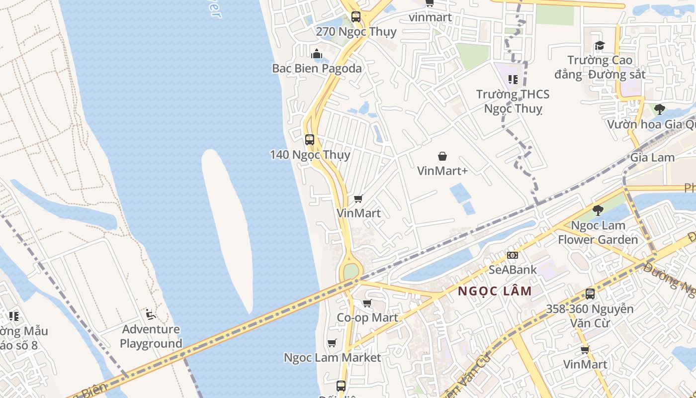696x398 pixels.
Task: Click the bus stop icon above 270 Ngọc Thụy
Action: pos(356,16)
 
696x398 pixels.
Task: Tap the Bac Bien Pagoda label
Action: pos(317,68)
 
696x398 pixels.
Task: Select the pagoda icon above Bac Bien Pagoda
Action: pos(317,54)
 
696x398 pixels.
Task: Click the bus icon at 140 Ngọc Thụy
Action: pos(310,140)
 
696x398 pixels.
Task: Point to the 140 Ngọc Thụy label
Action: pos(310,155)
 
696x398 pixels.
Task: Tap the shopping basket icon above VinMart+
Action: pos(442,157)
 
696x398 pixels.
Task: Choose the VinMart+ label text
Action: pos(442,171)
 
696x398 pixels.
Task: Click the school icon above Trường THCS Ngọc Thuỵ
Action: pos(513,80)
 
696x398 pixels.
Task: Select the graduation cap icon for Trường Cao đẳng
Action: pos(600,46)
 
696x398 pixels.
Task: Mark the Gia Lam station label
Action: pos(652,158)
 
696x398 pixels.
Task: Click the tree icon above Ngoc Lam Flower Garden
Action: pos(598,210)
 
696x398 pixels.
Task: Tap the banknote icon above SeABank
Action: pos(513,255)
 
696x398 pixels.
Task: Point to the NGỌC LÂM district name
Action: pos(495,291)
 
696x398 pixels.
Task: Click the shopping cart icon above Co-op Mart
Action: pos(367,303)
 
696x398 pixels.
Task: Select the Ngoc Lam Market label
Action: pos(332,358)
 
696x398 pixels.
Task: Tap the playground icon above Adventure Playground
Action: pos(151,314)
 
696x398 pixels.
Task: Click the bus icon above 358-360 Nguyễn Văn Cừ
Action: pos(590,294)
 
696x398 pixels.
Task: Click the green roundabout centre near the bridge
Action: pos(351,272)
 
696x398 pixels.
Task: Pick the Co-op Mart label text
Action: pos(367,318)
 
